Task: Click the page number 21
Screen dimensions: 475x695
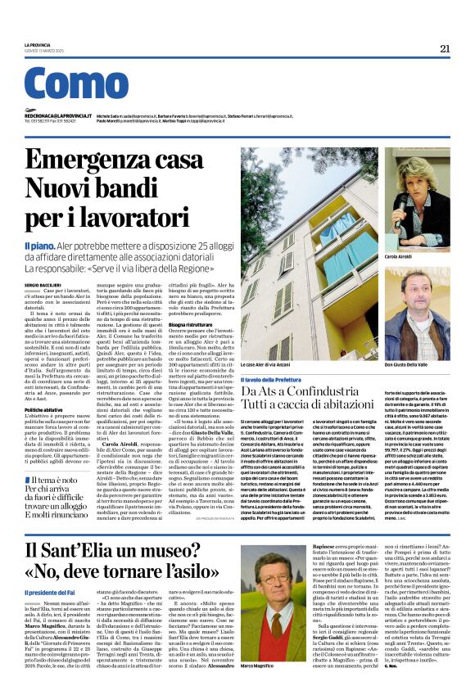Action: click(445, 48)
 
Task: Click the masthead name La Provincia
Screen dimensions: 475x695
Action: click(38, 44)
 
